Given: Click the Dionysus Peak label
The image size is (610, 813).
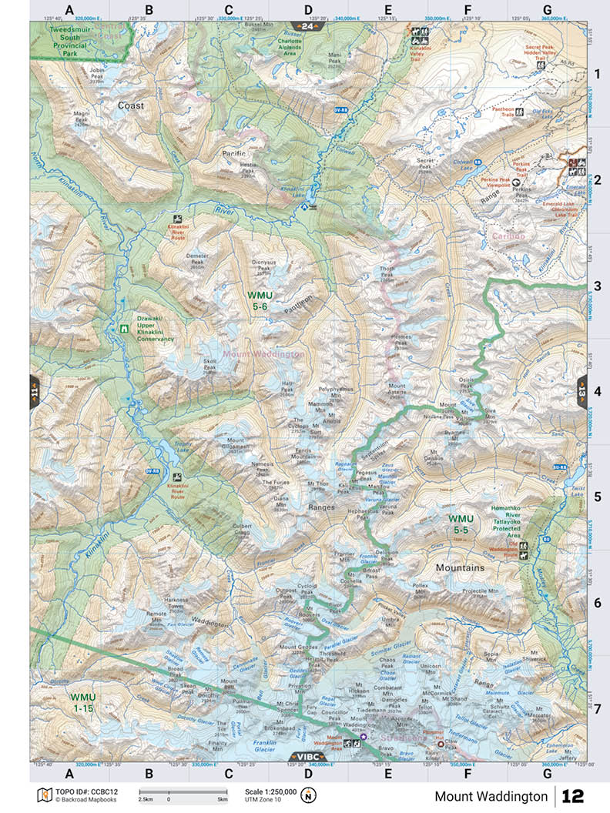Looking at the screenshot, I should [263, 265].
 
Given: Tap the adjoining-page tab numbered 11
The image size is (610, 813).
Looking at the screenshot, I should [34, 391].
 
